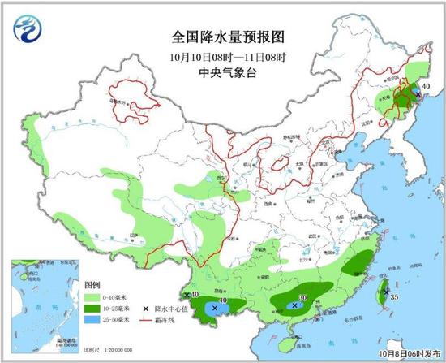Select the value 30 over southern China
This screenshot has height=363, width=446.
(303, 299)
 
